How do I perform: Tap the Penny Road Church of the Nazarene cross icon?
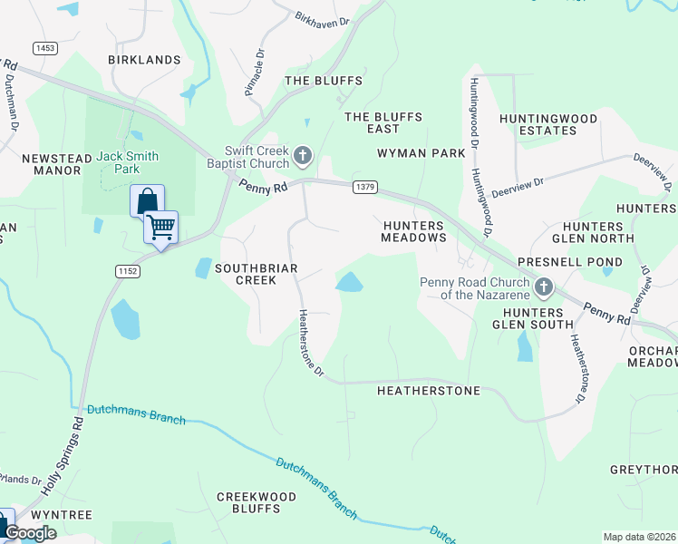pos(544,288)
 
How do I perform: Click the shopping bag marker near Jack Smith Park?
pos(147,200)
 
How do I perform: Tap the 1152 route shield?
pos(127,271)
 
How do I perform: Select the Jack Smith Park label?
pos(128,162)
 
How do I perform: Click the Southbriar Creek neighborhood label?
pos(243,274)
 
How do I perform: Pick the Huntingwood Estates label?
pos(548,124)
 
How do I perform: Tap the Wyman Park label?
pos(421,153)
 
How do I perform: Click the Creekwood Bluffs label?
pos(257,502)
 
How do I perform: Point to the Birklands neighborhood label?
pos(144,60)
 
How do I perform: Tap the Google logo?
pos(30,533)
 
